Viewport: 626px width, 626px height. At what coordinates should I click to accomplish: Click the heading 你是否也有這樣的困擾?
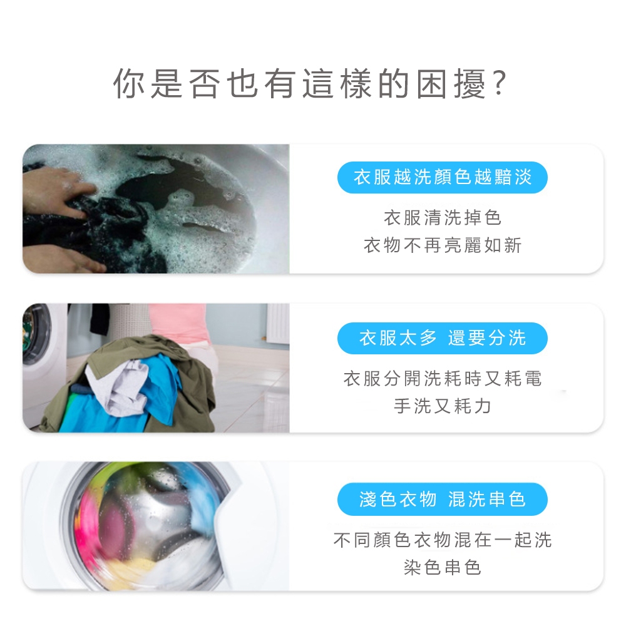click(310, 83)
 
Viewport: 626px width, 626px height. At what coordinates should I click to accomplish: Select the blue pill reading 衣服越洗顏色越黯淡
click(443, 177)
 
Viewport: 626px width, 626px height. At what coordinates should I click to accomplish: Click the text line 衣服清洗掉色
click(443, 218)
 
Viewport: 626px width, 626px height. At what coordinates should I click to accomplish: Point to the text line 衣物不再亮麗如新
click(443, 245)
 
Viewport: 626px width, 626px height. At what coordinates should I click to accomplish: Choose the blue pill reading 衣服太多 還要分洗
click(443, 338)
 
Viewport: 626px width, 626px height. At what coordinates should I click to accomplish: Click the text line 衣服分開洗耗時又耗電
click(443, 379)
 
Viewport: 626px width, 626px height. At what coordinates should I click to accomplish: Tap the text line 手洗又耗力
click(443, 406)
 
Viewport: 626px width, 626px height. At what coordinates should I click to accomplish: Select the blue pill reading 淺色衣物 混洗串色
click(443, 499)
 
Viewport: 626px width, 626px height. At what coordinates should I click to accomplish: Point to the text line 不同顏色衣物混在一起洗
click(443, 540)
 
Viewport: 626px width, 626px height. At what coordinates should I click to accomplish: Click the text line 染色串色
click(443, 567)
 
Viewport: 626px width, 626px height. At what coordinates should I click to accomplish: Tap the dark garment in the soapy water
click(96, 232)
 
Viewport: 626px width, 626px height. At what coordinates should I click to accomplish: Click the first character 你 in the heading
click(128, 83)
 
